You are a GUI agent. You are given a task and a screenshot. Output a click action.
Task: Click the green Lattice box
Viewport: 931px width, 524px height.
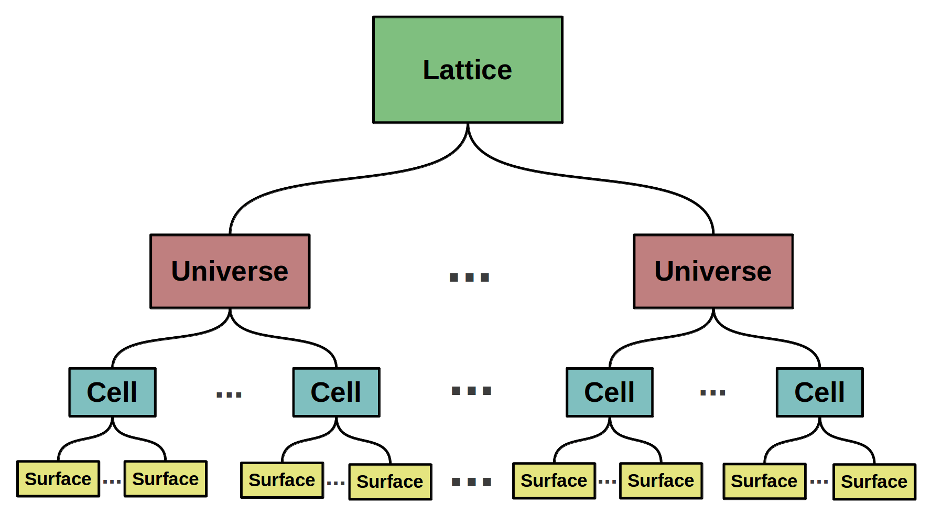[468, 70]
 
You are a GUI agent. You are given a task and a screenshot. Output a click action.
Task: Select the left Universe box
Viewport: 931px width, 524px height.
[230, 271]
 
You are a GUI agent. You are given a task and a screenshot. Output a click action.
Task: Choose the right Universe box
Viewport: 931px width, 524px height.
[713, 271]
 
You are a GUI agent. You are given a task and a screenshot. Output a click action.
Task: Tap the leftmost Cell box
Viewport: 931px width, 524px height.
[112, 392]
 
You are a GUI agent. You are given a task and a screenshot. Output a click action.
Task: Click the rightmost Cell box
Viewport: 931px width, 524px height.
[820, 392]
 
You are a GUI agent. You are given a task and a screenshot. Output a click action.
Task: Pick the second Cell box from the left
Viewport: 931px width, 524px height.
[336, 392]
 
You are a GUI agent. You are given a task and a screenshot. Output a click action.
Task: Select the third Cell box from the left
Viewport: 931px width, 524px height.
[610, 392]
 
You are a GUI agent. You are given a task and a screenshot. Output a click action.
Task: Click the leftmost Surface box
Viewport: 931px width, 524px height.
[58, 479]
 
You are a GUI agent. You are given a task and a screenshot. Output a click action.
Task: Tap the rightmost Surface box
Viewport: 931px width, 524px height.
[874, 482]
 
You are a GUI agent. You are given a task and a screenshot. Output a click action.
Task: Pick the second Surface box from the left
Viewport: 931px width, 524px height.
[166, 479]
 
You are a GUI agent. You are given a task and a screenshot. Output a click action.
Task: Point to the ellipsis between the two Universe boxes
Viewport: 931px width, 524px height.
[469, 277]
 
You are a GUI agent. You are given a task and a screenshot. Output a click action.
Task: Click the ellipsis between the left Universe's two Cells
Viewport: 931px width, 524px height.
[229, 394]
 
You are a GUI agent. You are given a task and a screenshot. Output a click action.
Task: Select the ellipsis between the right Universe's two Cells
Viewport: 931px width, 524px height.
[713, 392]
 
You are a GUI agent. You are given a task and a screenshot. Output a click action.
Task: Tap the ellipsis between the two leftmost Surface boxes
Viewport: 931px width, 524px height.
[112, 481]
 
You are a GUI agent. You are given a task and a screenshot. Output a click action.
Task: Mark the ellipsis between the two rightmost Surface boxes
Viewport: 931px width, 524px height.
[819, 481]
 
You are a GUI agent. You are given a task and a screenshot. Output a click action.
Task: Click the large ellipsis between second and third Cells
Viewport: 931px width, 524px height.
[471, 391]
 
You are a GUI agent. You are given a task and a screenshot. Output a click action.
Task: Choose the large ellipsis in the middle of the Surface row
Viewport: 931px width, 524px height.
[471, 482]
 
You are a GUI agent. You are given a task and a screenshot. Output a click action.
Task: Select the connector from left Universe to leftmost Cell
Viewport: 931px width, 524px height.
[170, 338]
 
